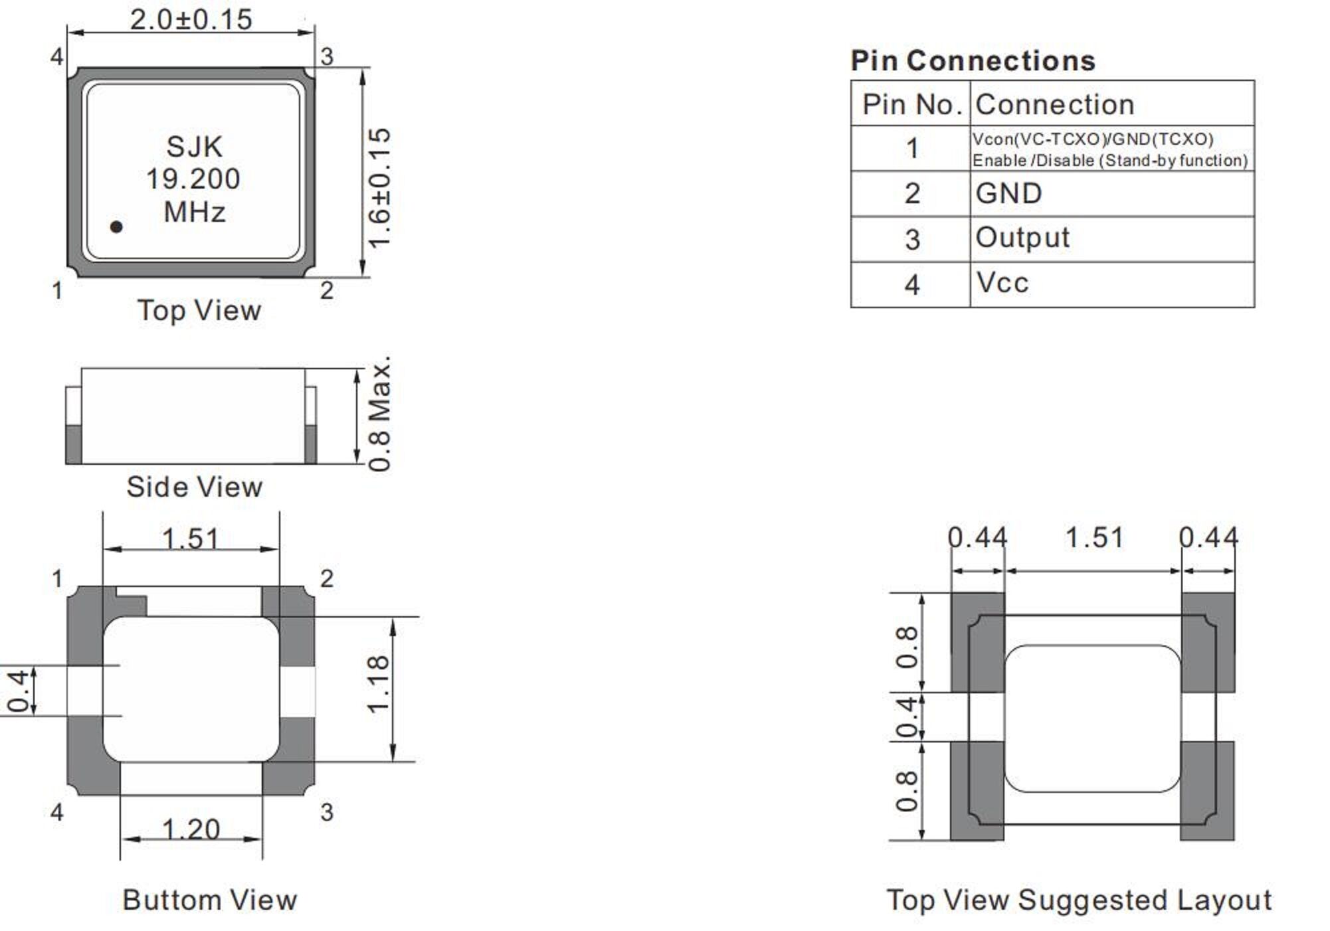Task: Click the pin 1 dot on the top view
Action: [x=116, y=227]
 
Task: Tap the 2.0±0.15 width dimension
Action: [x=191, y=20]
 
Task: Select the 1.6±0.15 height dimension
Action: [x=379, y=188]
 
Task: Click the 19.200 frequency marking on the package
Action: [x=193, y=179]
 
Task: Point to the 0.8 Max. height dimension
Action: [x=379, y=416]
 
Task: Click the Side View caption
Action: [x=194, y=487]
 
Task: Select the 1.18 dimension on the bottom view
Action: [x=378, y=684]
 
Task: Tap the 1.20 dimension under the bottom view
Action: [x=191, y=829]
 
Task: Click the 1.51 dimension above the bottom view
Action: [x=191, y=539]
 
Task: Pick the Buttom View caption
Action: [x=209, y=900]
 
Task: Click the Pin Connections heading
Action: [x=973, y=61]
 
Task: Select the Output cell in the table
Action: [x=1022, y=238]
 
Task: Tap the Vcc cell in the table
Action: [x=1002, y=284]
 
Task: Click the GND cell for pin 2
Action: [x=1008, y=194]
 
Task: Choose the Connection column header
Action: [x=1054, y=104]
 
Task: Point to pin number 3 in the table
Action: [x=912, y=240]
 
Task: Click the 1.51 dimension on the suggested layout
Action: [x=1094, y=538]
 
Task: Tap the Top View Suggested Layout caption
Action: [x=1079, y=900]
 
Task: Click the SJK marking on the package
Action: [x=194, y=147]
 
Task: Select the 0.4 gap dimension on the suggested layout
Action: [x=907, y=717]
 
